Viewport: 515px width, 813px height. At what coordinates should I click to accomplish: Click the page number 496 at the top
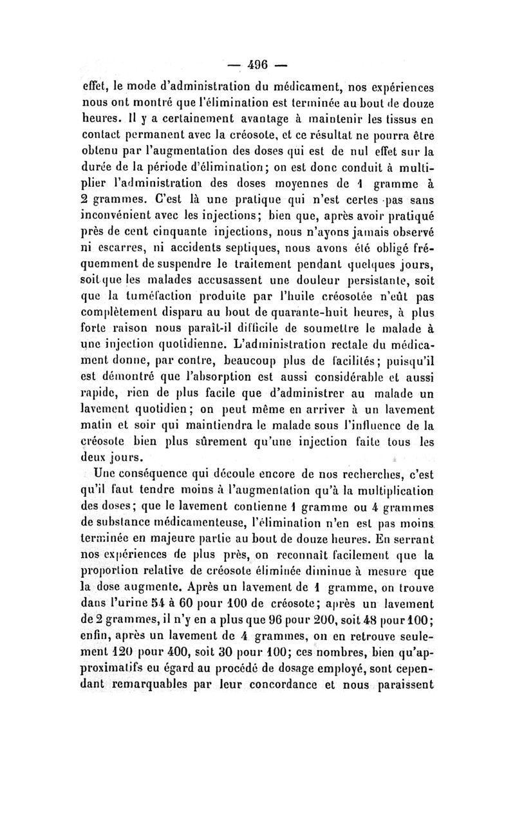tap(257, 65)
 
